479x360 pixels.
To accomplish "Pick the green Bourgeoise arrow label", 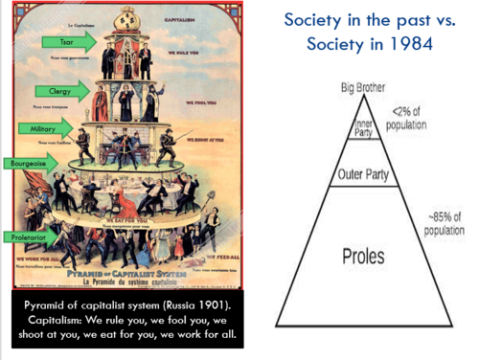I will click(x=28, y=164).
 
